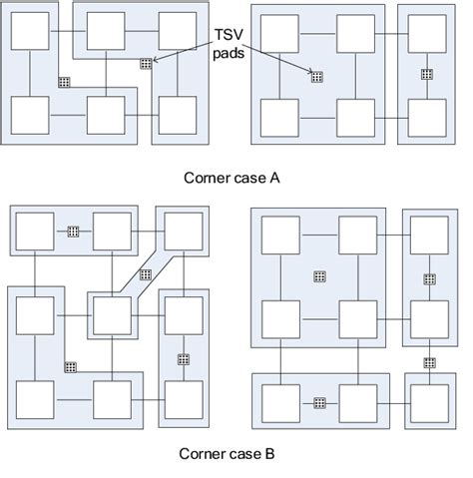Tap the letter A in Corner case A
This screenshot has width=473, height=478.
(274, 178)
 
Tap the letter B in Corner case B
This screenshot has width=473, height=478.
(274, 454)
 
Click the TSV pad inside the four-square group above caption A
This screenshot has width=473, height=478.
(316, 77)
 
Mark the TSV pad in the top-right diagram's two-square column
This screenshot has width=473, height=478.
(426, 75)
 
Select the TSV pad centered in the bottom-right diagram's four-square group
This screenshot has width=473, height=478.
(320, 275)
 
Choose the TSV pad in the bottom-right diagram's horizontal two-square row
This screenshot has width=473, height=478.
(320, 402)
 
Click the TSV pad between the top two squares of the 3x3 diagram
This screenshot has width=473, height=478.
(73, 231)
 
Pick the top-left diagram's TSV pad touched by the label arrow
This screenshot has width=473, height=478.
(145, 63)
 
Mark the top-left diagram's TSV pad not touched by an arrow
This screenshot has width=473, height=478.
(64, 81)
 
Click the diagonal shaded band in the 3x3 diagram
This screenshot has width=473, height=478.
(147, 271)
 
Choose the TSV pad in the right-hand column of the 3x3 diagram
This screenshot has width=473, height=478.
(183, 358)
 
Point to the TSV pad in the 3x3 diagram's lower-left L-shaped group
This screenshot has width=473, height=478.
(70, 367)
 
